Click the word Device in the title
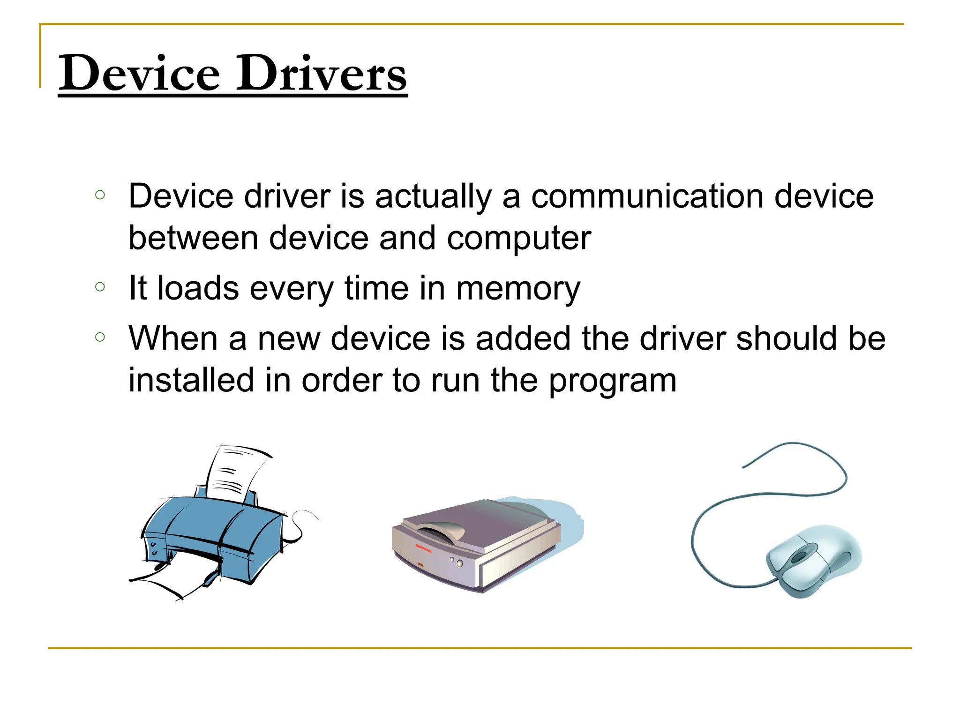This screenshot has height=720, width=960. [139, 74]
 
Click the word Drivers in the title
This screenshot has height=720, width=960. [322, 74]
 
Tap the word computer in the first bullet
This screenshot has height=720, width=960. [519, 238]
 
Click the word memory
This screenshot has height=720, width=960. [518, 289]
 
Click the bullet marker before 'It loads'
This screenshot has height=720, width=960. [100, 286]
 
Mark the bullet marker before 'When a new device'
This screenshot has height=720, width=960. [100, 337]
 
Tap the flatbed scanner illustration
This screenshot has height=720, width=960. [478, 544]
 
